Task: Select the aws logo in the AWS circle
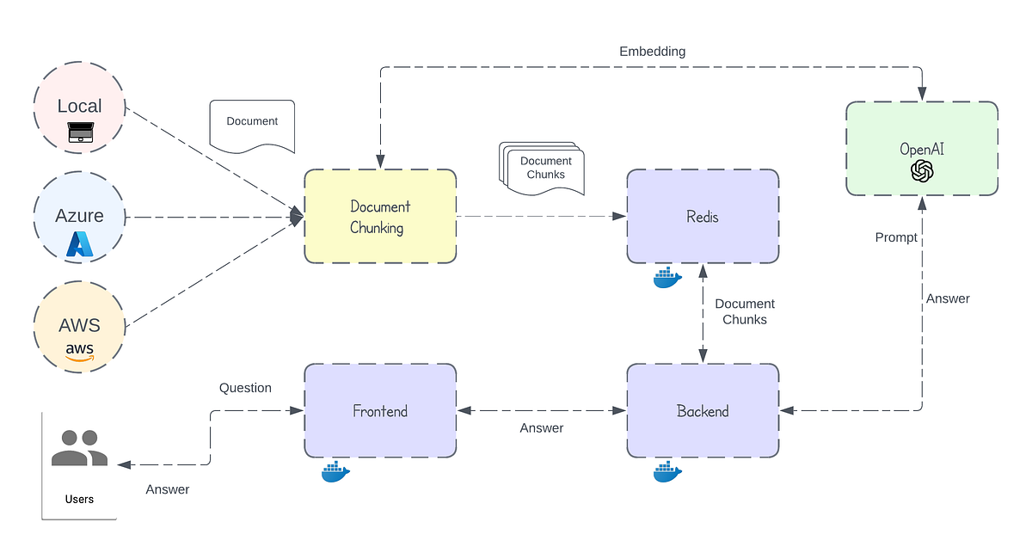click(79, 351)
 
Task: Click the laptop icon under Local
click(79, 132)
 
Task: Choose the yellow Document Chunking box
click(380, 217)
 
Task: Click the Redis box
click(703, 217)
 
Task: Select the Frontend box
click(380, 411)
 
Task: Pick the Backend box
click(703, 411)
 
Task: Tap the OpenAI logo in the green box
click(922, 171)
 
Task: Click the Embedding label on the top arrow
click(653, 52)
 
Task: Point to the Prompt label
click(896, 237)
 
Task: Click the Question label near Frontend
click(245, 388)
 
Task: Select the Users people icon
click(79, 448)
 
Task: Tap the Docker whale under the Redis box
click(667, 278)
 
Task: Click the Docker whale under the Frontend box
click(335, 472)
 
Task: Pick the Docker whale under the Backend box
click(667, 471)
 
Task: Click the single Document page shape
click(252, 126)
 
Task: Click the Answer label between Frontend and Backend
click(542, 428)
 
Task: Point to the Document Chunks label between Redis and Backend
click(745, 311)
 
